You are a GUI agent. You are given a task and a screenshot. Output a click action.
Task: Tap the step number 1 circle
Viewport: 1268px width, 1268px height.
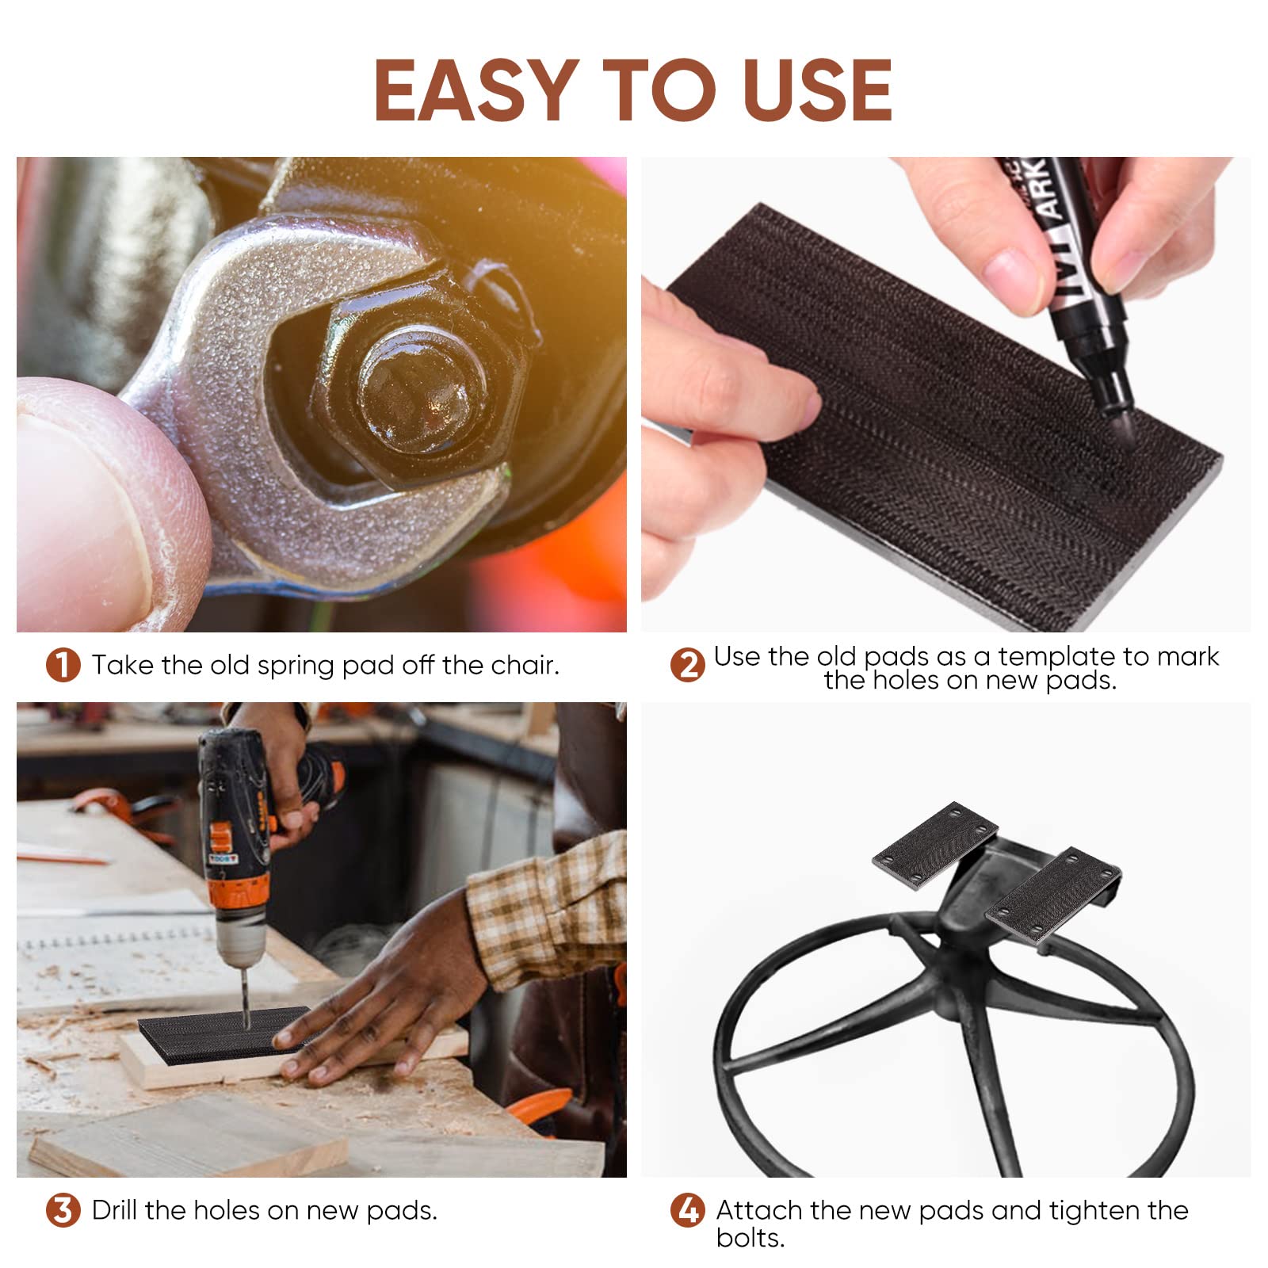63,665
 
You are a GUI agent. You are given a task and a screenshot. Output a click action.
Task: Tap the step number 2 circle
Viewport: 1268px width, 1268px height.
687,665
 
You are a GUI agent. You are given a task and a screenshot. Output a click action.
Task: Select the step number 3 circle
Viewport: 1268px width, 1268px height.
63,1210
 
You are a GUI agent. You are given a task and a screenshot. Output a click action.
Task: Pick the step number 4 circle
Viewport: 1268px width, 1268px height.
687,1210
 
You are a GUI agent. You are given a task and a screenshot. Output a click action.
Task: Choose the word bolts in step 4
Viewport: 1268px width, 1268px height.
749,1238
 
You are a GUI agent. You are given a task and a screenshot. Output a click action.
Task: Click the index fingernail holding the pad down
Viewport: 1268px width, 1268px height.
808,409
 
